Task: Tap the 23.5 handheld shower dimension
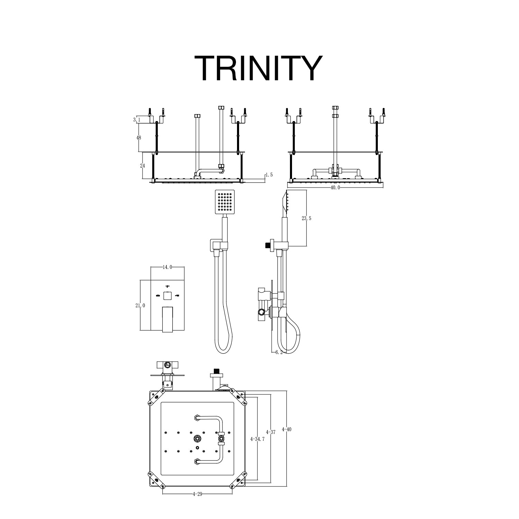click(x=307, y=218)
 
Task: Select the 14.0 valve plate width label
click(x=167, y=267)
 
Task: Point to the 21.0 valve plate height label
click(x=140, y=306)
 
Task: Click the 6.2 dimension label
click(x=279, y=352)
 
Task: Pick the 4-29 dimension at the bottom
click(x=197, y=494)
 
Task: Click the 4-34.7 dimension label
click(x=257, y=439)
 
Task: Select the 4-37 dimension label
click(x=271, y=432)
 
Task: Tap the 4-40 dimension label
click(x=286, y=429)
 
